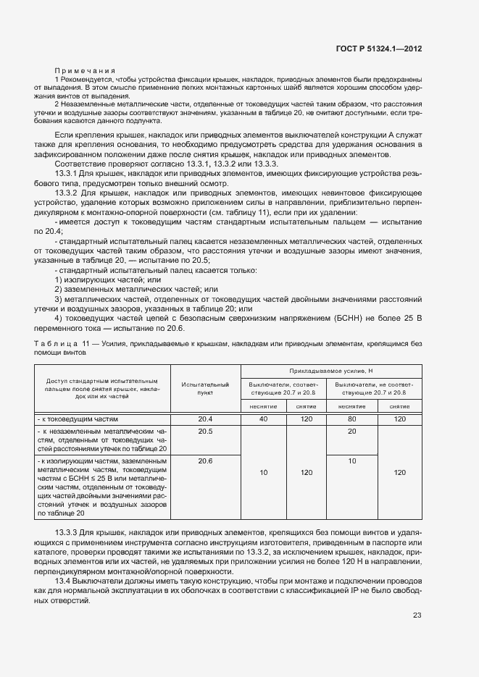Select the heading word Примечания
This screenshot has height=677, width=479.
[x=86, y=70]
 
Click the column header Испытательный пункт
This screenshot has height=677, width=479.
[x=205, y=389]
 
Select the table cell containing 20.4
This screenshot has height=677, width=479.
[x=205, y=419]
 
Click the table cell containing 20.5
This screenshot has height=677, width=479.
[x=205, y=431]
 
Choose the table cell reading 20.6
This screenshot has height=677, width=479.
[x=205, y=461]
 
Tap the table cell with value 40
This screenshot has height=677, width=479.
[x=264, y=419]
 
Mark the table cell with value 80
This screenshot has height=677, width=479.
[x=352, y=419]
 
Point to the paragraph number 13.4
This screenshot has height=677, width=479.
[x=64, y=581]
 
